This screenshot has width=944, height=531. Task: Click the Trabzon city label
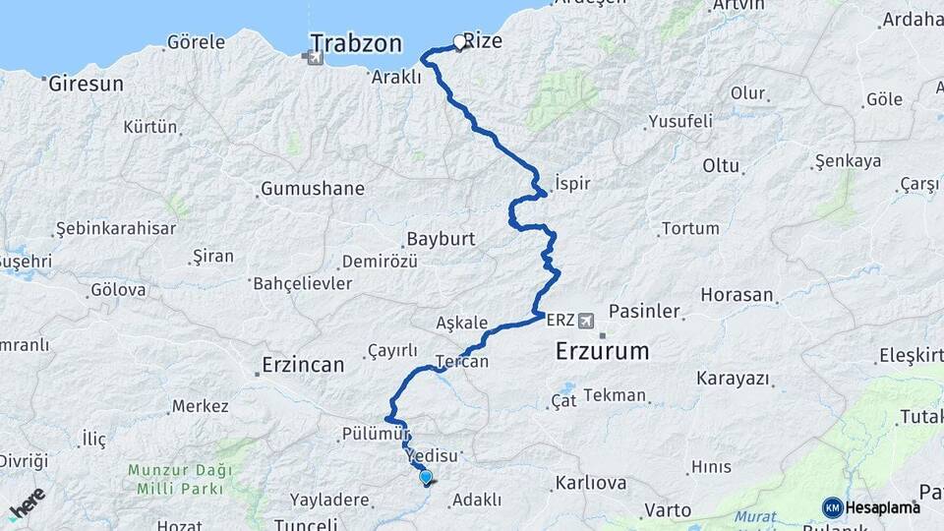tap(356, 42)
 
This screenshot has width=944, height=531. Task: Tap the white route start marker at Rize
tap(458, 42)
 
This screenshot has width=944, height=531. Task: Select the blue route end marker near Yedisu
tap(426, 477)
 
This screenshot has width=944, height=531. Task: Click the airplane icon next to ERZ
tap(587, 320)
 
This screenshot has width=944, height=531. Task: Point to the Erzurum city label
tap(602, 351)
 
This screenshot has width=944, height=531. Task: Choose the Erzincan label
tap(303, 366)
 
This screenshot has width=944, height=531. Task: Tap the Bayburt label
tap(441, 239)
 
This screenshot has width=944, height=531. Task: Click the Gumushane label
tap(312, 188)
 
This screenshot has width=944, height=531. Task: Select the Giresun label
tap(87, 84)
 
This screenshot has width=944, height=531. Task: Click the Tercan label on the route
tap(461, 362)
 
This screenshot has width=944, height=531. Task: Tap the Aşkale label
tap(461, 323)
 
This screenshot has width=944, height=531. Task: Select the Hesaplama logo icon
tap(833, 507)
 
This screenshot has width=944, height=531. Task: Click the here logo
tap(27, 503)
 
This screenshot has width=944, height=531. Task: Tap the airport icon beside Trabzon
tap(314, 57)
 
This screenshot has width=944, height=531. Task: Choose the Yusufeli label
tap(679, 122)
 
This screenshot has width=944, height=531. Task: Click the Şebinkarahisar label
tap(116, 228)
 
